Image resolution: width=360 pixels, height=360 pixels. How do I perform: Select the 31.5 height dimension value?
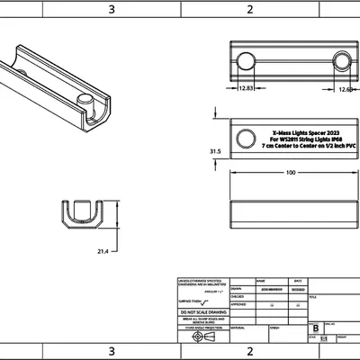click(x=215, y=152)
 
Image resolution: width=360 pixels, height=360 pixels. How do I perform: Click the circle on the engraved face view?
click(x=244, y=138)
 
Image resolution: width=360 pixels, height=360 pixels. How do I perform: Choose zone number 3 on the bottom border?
click(x=111, y=350)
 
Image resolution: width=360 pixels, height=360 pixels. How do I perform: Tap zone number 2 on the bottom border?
click(x=249, y=350)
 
